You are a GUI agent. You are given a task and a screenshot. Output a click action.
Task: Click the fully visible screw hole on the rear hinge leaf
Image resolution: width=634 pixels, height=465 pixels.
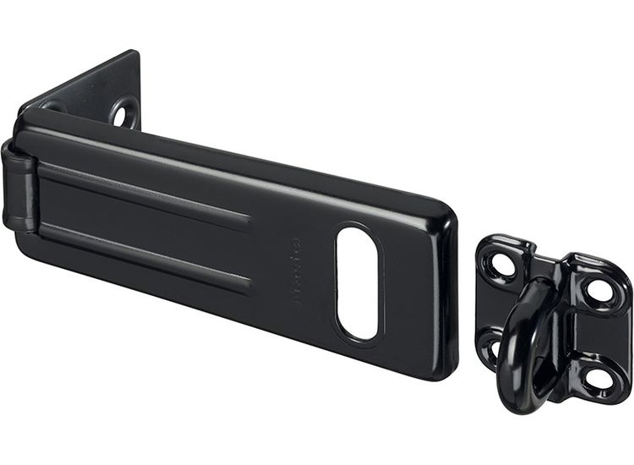pyautogui.click(x=126, y=112)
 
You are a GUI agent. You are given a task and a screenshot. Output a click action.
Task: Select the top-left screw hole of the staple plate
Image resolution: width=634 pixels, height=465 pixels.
pyautogui.click(x=501, y=264)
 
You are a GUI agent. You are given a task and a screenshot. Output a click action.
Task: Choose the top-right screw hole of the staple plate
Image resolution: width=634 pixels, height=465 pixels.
pyautogui.click(x=599, y=290)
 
